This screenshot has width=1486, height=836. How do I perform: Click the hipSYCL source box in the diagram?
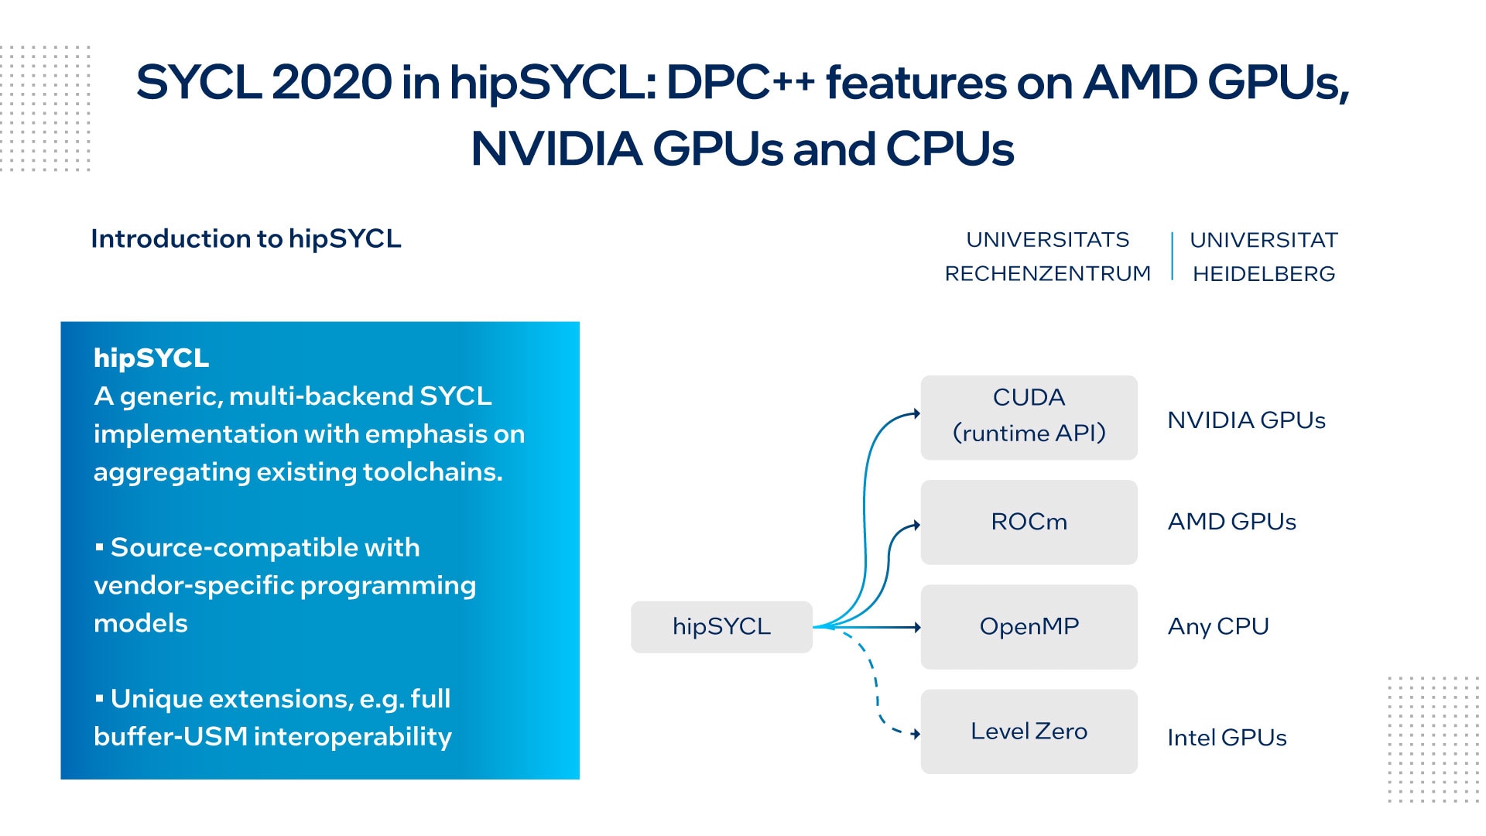721,626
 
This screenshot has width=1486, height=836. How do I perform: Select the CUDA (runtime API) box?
1029,417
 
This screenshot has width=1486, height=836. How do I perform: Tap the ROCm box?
1029,522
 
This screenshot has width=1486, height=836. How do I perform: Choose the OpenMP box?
1029,626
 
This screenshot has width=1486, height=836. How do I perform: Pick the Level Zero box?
1029,731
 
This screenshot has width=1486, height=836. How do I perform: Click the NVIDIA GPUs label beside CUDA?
1246,420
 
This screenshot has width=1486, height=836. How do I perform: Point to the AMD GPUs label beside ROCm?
1231,522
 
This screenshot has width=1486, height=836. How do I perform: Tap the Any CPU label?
1218,626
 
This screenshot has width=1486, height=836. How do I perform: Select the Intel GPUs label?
1227,738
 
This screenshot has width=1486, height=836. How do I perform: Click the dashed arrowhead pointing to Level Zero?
916,734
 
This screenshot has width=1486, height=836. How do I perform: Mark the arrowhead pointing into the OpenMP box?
917,627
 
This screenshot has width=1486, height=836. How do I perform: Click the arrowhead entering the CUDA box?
917,413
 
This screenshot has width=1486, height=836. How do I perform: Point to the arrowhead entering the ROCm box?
917,525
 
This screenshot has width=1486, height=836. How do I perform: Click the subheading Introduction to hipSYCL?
246,238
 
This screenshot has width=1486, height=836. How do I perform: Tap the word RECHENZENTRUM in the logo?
1048,274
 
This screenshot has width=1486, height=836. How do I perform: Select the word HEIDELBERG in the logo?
1264,274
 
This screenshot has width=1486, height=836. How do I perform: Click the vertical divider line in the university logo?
1173,255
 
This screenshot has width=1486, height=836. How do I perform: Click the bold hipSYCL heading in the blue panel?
152,358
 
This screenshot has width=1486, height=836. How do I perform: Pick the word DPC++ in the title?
740,82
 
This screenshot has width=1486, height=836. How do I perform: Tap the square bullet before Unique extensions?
99,698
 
